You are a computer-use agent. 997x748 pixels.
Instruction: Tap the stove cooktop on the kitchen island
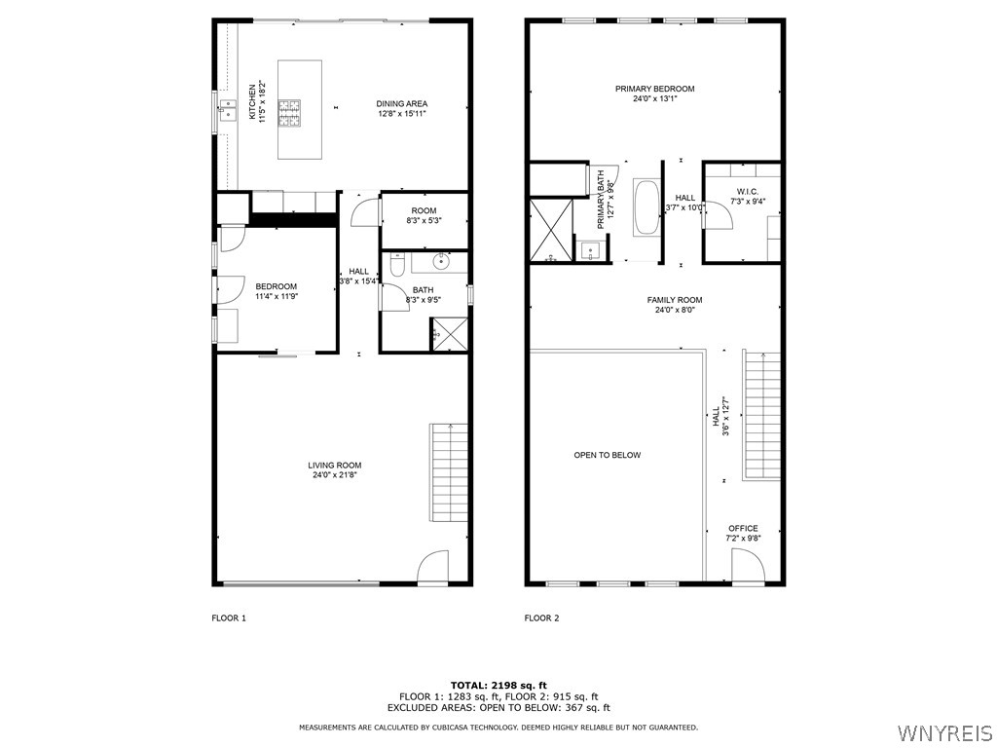click(290, 113)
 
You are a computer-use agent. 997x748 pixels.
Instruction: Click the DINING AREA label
click(402, 108)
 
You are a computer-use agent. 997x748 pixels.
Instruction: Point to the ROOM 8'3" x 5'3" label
click(424, 215)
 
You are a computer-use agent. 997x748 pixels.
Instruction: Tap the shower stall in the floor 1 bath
click(449, 333)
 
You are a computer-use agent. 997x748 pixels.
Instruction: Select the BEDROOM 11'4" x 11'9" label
click(276, 290)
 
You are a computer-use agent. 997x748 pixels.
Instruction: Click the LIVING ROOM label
click(335, 469)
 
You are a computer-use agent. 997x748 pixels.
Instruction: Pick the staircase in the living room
click(450, 473)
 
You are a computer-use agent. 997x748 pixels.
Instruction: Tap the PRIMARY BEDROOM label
click(654, 93)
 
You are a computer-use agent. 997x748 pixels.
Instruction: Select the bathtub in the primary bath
click(646, 206)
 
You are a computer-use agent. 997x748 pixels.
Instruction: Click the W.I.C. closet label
click(748, 196)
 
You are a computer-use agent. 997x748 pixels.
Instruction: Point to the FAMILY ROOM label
click(674, 305)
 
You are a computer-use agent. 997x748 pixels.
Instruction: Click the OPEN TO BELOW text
click(607, 455)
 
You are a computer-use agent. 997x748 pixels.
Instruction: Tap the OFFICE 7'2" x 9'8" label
click(743, 533)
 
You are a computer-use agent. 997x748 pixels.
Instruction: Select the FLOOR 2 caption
click(541, 617)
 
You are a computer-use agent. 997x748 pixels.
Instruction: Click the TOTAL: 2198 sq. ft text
click(498, 685)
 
